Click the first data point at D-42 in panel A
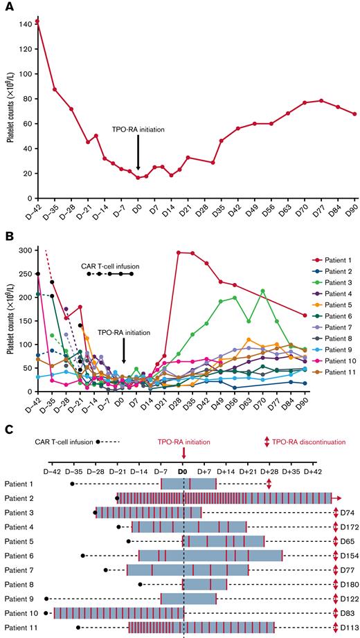pyautogui.click(x=37, y=21)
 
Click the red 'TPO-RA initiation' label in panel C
pyautogui.click(x=183, y=441)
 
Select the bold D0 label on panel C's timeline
pyautogui.click(x=183, y=471)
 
